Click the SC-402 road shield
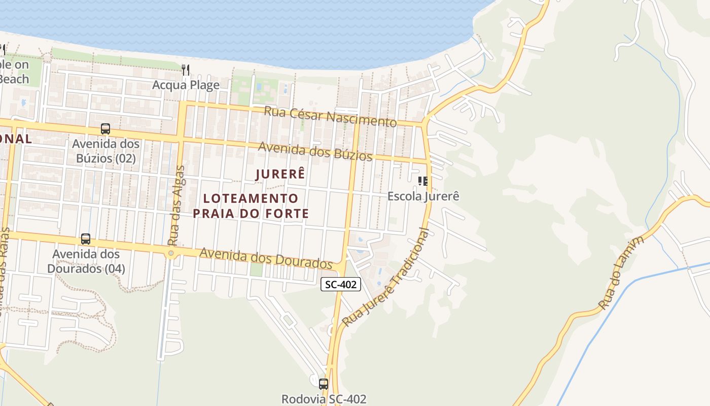point(341,284)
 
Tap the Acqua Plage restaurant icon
point(186,70)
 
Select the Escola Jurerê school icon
point(423,181)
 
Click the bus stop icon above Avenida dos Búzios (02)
point(105,129)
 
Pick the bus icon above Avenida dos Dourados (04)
point(86,239)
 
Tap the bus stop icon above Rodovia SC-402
point(323,384)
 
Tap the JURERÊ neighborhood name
point(280,174)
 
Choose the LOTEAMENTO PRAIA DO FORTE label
point(251,206)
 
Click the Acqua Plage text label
point(186,85)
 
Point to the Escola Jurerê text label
point(423,196)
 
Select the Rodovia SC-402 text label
point(324,399)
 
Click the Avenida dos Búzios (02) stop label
point(105,151)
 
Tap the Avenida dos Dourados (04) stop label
point(86,261)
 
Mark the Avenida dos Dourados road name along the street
point(266,258)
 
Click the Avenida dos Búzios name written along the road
point(315,151)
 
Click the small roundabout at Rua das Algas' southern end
point(171,253)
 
